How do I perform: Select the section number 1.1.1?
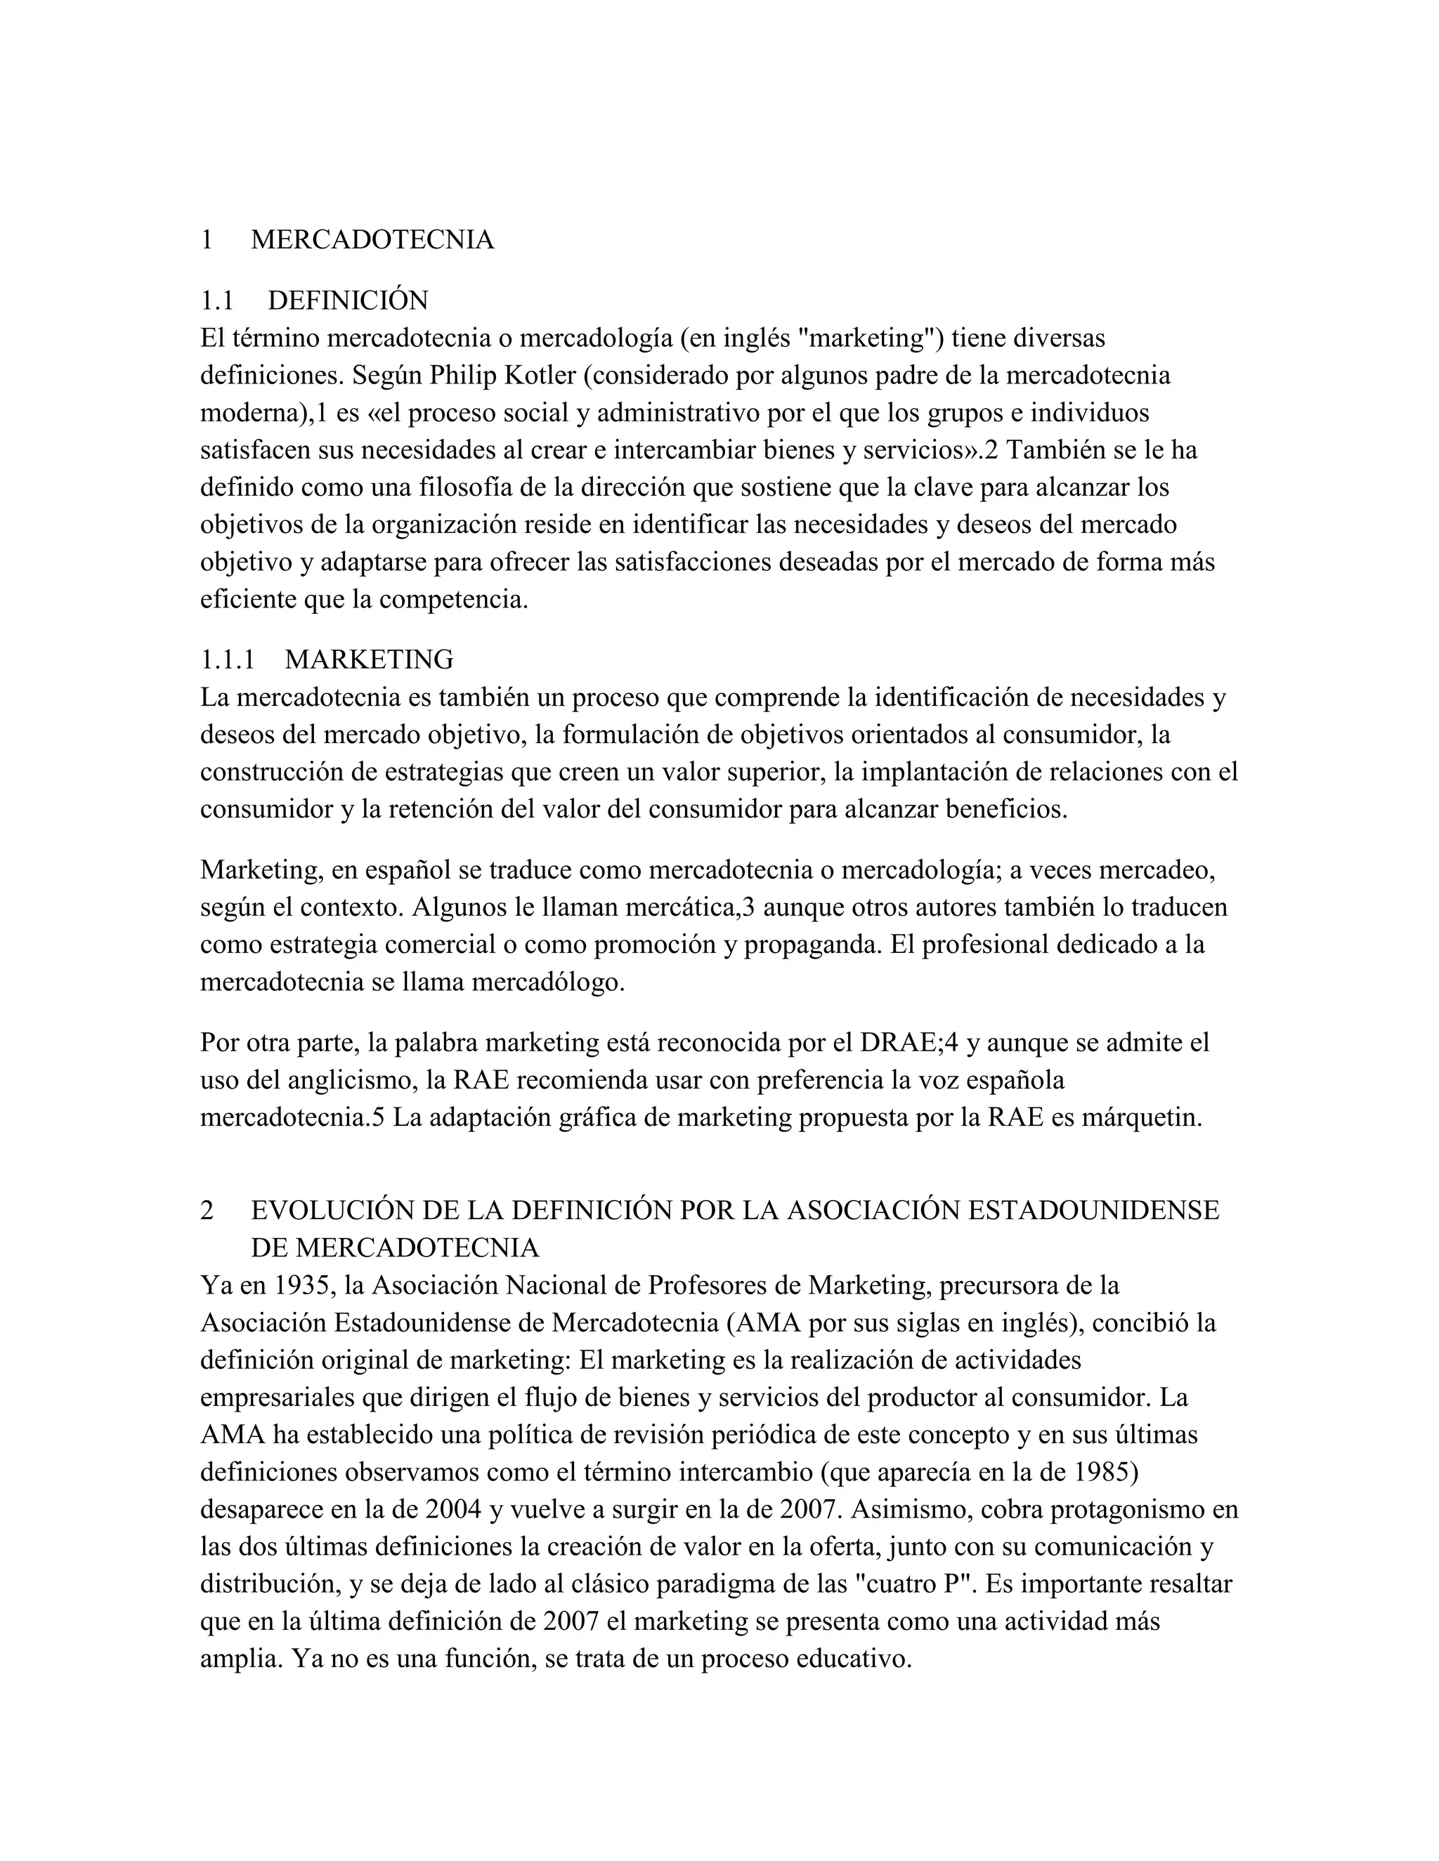point(228,659)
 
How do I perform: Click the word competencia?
point(452,600)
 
